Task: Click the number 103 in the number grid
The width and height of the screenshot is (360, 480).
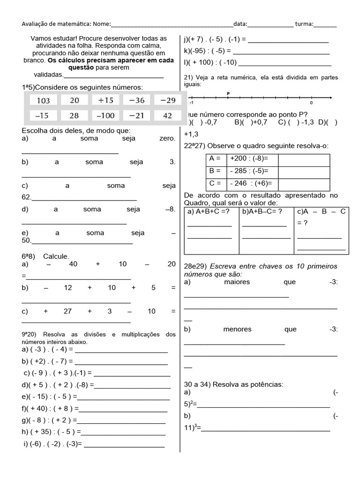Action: [43, 100]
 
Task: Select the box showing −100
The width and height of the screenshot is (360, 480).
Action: [105, 115]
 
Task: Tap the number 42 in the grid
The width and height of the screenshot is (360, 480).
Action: [167, 115]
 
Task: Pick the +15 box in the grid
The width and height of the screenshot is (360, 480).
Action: [106, 100]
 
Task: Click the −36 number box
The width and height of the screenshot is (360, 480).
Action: [136, 100]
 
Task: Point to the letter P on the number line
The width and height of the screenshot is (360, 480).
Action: [228, 93]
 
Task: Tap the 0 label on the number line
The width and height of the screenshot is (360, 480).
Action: [311, 103]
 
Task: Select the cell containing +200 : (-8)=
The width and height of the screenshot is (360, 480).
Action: [252, 158]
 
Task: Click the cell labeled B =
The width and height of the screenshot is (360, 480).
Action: [216, 171]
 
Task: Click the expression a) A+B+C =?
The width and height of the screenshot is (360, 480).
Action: [209, 212]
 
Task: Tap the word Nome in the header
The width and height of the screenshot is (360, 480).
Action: [102, 24]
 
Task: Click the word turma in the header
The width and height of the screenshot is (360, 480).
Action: [305, 24]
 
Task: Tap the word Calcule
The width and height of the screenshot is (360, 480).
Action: [56, 256]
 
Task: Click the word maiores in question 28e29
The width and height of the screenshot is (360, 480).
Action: [237, 282]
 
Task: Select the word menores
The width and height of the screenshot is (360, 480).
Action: [238, 329]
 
